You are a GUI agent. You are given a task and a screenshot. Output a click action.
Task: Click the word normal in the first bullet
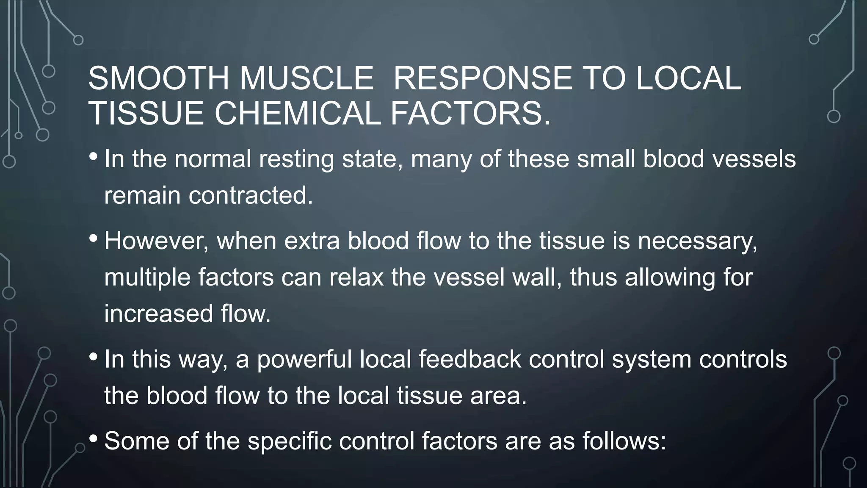point(213,159)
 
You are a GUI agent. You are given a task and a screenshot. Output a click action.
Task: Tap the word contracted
point(250,195)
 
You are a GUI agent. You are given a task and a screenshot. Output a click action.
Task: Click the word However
point(156,241)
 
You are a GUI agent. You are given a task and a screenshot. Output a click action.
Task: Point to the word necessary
point(697,241)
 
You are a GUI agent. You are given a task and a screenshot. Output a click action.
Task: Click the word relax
point(356,277)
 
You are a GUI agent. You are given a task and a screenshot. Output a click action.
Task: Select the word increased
point(158,314)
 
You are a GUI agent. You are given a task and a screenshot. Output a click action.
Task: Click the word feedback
point(469,359)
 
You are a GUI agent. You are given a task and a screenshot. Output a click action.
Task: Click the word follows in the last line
point(624,441)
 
